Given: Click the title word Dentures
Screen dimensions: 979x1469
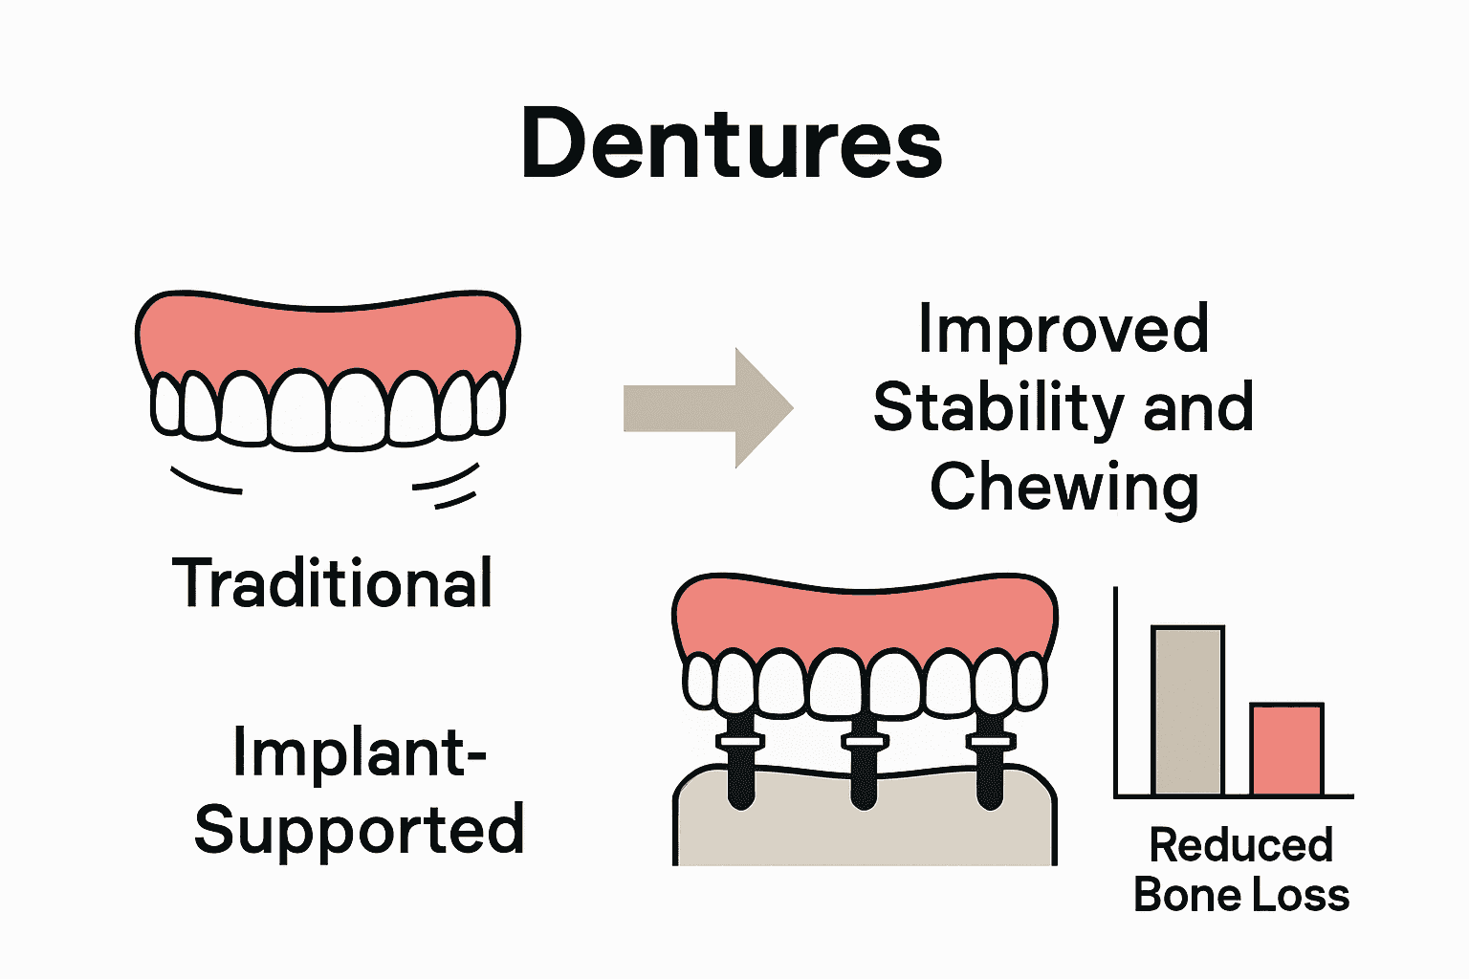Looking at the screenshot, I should coord(732,143).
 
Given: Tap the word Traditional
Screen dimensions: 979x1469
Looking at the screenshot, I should coord(333,583).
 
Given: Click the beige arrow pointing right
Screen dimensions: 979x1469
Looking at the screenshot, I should coord(708,408).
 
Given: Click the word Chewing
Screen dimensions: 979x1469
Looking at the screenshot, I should coord(1063,487).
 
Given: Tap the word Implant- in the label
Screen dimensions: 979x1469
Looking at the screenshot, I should coord(360,752).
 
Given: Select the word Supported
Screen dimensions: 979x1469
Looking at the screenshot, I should coord(360,830).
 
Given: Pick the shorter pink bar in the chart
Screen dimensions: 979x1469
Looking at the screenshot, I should coord(1286,750).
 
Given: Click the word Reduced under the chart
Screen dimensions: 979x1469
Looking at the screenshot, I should coord(1240,845).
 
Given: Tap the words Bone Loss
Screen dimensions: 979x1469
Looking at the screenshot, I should coord(1240,896).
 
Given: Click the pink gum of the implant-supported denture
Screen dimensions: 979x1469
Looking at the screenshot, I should coord(865,621).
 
